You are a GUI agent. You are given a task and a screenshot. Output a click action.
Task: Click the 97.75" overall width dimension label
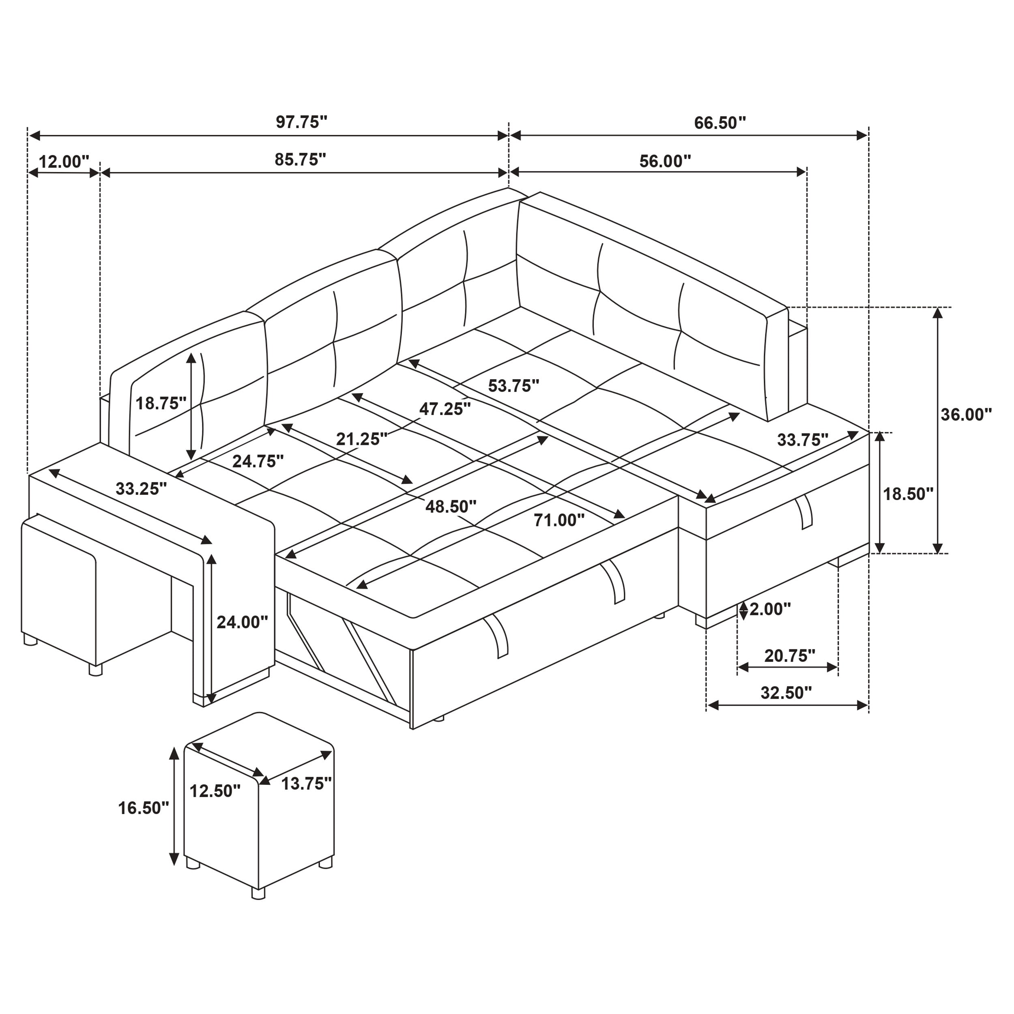pos(301,122)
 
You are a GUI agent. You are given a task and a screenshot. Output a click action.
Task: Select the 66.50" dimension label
pos(720,123)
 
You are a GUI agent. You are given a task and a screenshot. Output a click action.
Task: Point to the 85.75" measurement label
pos(300,159)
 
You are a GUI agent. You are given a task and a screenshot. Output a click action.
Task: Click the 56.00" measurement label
pos(665,161)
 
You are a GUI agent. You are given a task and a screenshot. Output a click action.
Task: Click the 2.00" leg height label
pos(770,609)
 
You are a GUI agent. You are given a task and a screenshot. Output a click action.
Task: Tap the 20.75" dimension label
pos(789,655)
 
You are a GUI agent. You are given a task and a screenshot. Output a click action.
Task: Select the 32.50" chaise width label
pos(786,693)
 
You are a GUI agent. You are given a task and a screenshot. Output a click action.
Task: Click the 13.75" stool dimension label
pos(307,784)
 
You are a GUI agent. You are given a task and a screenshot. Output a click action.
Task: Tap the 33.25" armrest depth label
pos(141,489)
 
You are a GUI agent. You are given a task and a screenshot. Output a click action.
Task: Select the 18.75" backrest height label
pos(161,403)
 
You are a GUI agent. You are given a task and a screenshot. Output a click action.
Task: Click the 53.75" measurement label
pos(513,386)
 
